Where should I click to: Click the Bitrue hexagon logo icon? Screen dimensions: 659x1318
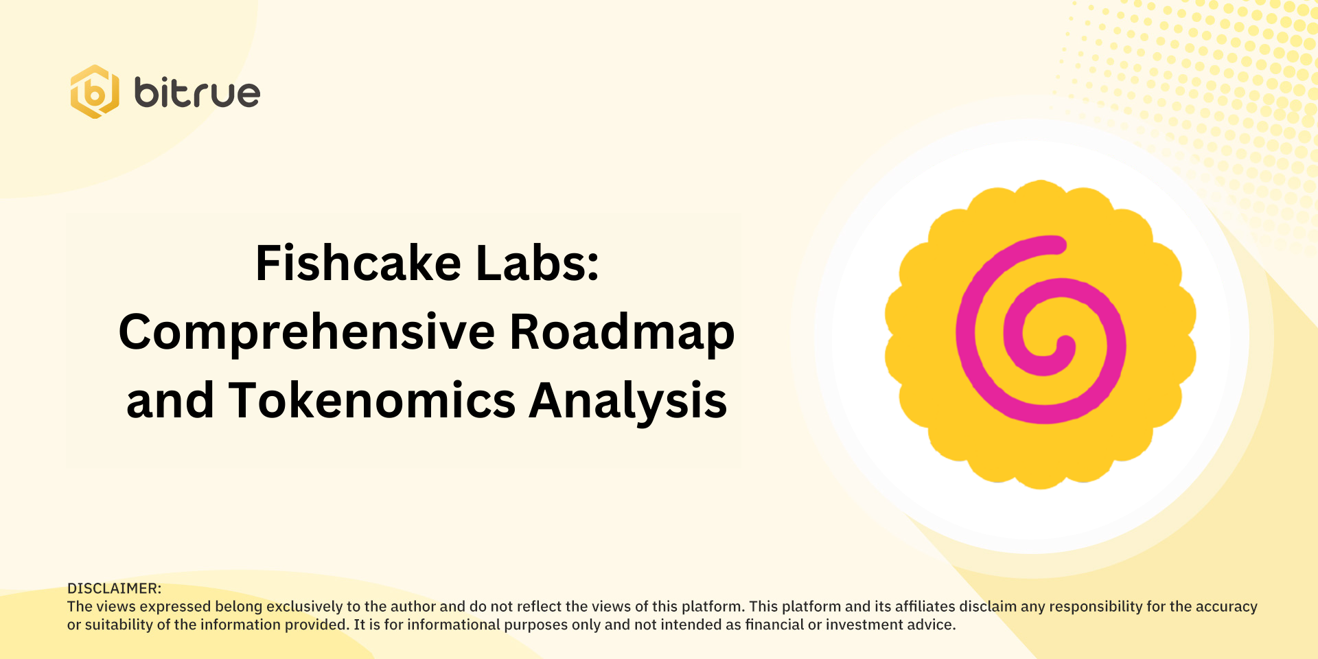pos(95,92)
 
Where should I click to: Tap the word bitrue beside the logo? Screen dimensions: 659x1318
pos(197,93)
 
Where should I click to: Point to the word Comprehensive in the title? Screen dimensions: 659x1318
pos(307,333)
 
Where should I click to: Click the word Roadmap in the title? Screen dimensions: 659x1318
pos(622,333)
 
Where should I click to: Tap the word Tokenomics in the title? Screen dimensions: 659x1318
pos(371,401)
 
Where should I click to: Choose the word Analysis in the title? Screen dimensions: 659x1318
pos(627,401)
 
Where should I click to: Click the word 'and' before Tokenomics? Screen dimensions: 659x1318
pos(170,401)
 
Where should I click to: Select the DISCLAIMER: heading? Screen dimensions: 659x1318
pos(114,588)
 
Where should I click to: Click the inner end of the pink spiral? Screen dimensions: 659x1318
pos(1065,343)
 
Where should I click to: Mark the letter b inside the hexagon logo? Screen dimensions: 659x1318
pos(95,93)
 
